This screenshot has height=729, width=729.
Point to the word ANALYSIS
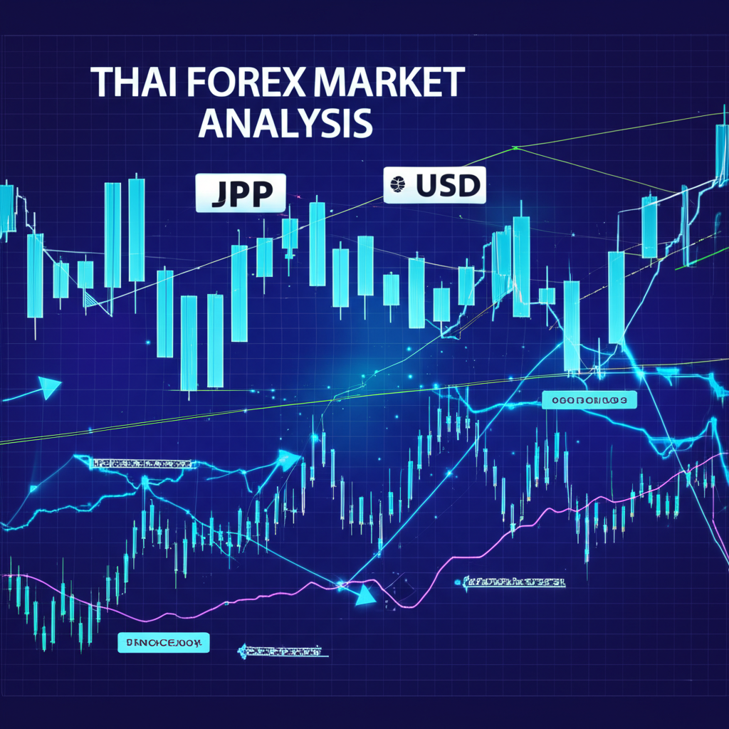point(285,122)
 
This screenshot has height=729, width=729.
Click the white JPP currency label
point(241,193)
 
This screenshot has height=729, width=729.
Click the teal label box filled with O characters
point(589,401)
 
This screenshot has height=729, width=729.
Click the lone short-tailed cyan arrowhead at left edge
point(50,387)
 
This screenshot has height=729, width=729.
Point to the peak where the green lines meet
point(514,148)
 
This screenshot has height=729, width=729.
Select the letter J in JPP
point(218,194)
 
